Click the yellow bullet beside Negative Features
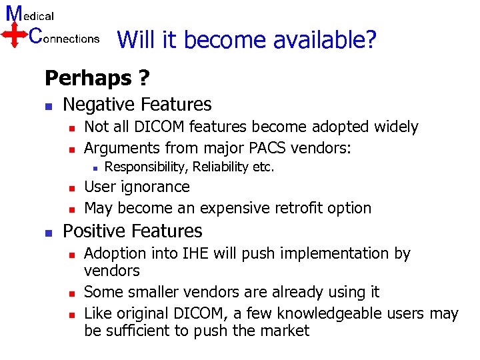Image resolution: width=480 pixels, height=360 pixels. click(x=48, y=106)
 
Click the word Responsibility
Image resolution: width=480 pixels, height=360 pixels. click(x=145, y=167)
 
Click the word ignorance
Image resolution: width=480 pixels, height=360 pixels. click(x=156, y=187)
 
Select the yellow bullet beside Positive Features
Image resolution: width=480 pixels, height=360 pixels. click(x=48, y=233)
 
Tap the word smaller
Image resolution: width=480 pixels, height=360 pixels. click(x=157, y=292)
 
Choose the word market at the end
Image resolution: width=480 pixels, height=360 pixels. click(x=285, y=331)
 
